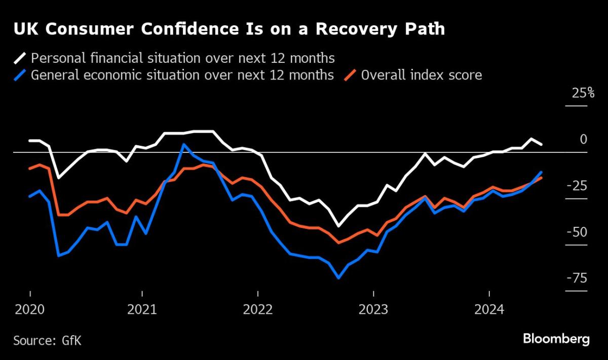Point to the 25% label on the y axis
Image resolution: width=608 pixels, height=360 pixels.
(583, 93)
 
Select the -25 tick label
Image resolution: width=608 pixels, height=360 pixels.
(579, 185)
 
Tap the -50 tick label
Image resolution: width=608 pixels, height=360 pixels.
(579, 232)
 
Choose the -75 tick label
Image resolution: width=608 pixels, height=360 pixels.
(579, 278)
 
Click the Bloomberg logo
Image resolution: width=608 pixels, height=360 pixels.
(556, 339)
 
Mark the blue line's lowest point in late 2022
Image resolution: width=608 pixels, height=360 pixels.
(338, 278)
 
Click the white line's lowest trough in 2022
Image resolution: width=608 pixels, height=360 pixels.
(338, 226)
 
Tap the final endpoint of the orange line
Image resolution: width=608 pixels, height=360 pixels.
(542, 178)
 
